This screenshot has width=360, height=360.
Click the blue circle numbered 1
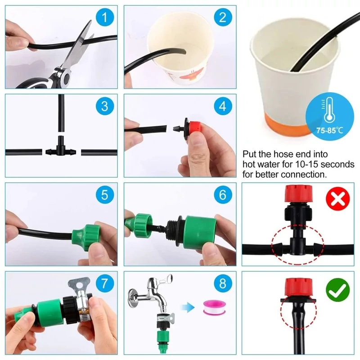point(105,17)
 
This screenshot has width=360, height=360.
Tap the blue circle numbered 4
point(223,106)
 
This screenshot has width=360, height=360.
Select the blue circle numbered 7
point(105,283)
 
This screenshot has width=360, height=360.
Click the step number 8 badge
point(223,283)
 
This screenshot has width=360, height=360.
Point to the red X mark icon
point(338,198)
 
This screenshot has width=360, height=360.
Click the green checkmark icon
point(338,289)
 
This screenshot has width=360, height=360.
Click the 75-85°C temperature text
point(329,130)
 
